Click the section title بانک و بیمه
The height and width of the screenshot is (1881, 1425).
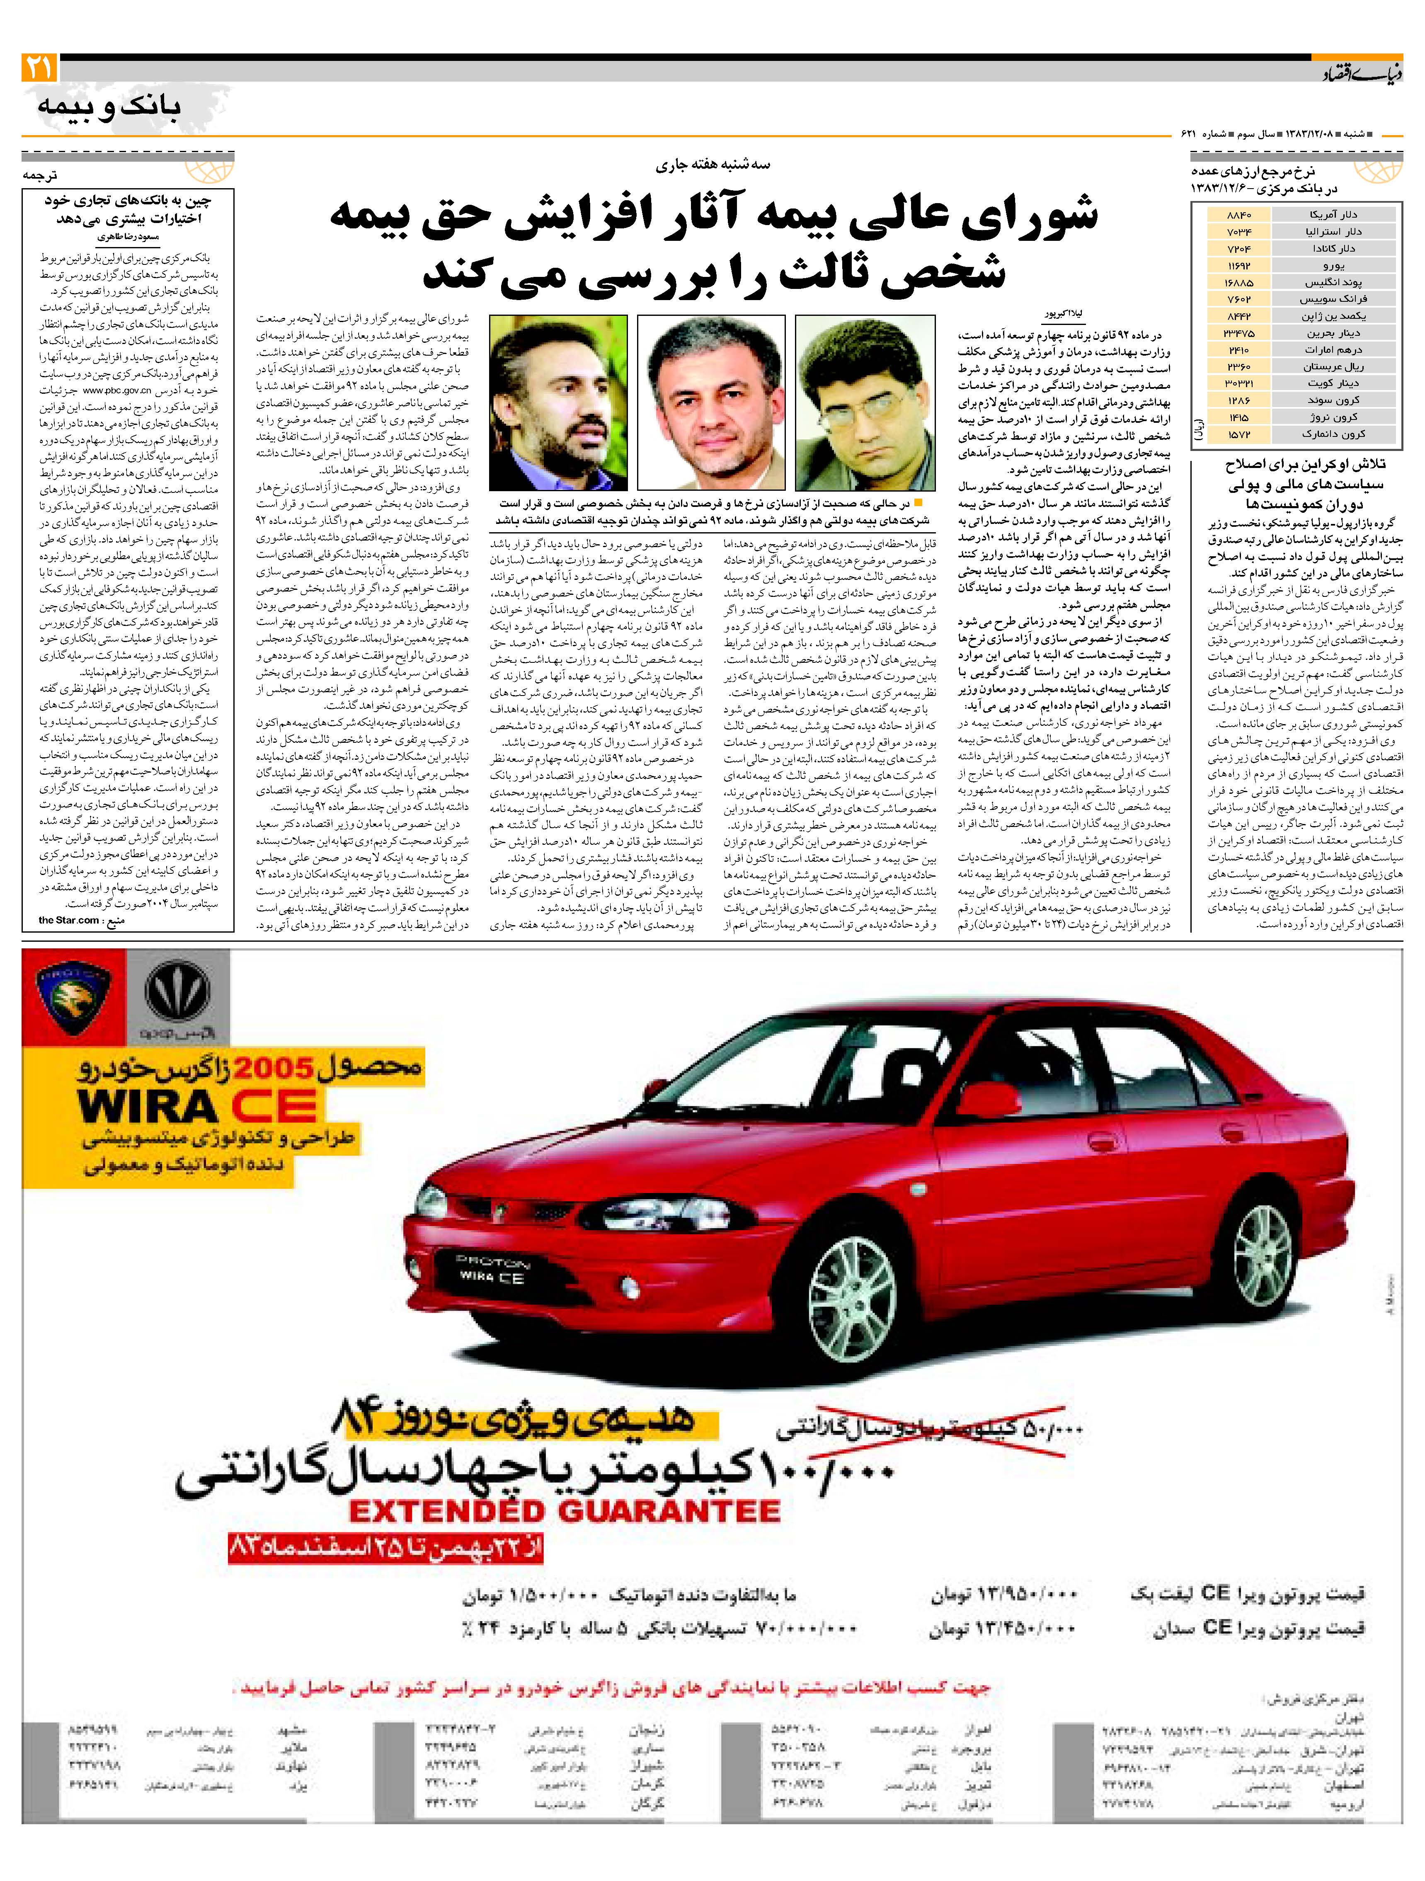tap(109, 107)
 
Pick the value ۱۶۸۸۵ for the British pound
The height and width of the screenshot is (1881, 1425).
tap(1239, 282)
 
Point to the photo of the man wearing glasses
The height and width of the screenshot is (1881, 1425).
tap(865, 402)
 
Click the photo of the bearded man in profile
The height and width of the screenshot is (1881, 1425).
tap(558, 402)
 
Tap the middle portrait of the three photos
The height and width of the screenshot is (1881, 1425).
tap(711, 402)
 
